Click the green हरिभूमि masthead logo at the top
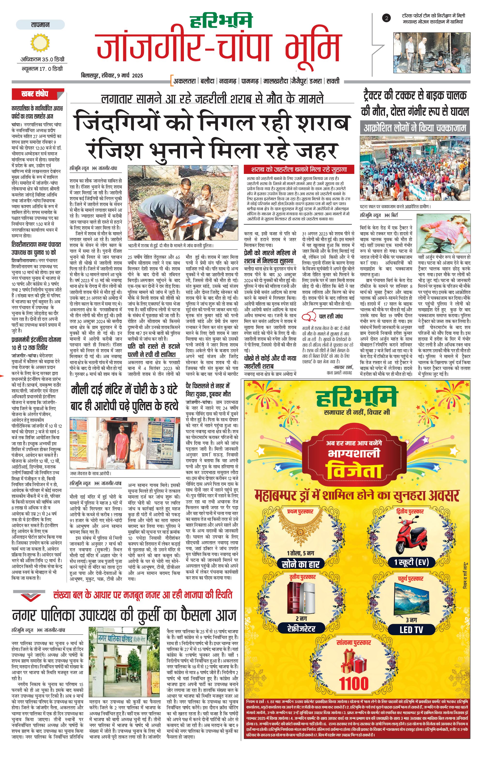tap(222, 22)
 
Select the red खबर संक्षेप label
tap(35, 94)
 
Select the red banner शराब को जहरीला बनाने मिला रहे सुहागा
tap(299, 170)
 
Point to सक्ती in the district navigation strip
tap(333, 81)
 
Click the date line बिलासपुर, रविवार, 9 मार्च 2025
tap(112, 75)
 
